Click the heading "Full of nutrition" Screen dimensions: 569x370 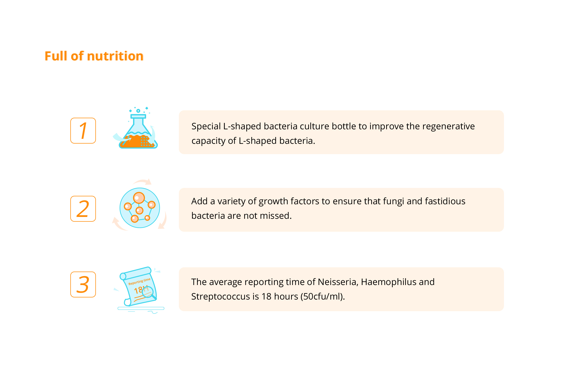click(94, 56)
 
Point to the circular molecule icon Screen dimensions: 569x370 click(140, 208)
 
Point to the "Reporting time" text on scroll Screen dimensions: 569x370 click(139, 281)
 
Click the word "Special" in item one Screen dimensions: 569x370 click(206, 126)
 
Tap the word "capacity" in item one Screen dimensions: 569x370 click(208, 141)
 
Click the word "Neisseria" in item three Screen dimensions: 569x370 click(337, 282)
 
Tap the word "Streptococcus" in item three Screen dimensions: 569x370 click(220, 297)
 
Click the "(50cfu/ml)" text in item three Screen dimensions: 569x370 click(321, 297)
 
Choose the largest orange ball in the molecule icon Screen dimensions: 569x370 click(139, 197)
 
